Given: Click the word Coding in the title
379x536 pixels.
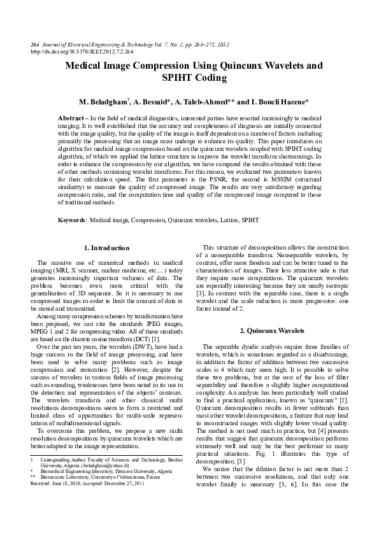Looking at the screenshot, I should coord(210,78).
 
